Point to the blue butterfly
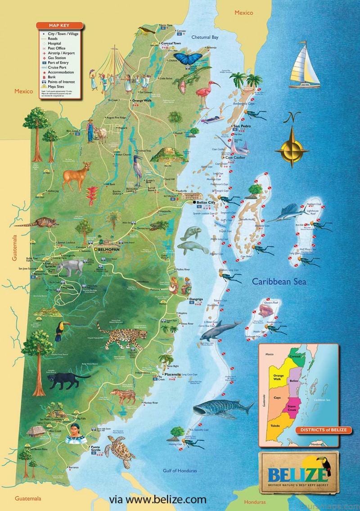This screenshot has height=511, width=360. coord(188,58)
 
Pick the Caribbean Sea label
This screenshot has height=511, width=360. coord(279,282)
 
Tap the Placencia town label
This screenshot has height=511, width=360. coord(172,374)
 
